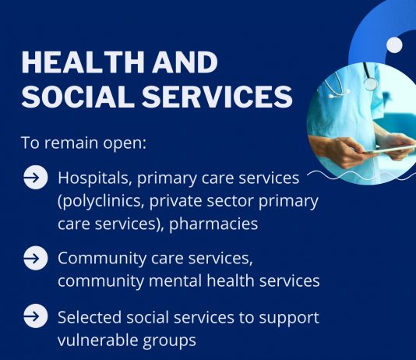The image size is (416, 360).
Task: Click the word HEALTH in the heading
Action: tap(83, 62)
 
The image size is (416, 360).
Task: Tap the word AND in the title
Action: tap(185, 62)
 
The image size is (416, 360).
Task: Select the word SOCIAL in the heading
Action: tap(77, 96)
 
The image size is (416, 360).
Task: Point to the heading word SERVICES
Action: tap(217, 96)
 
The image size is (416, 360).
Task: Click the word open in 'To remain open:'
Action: tap(125, 143)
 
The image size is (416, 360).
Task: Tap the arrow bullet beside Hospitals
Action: tap(36, 177)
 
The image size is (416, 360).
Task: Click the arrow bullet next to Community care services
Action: tap(36, 258)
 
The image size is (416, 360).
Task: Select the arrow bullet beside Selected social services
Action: tap(36, 316)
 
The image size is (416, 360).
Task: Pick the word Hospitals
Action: tap(95, 178)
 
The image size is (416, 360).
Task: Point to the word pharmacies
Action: tap(213, 224)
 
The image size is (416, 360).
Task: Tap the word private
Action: tap(175, 201)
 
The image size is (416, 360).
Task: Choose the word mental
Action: tap(175, 281)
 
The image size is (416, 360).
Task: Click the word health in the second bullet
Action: tap(231, 281)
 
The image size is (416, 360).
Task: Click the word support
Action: tap(289, 319)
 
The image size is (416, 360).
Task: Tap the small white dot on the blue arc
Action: tap(394, 44)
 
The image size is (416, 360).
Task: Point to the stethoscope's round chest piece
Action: tap(370, 83)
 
